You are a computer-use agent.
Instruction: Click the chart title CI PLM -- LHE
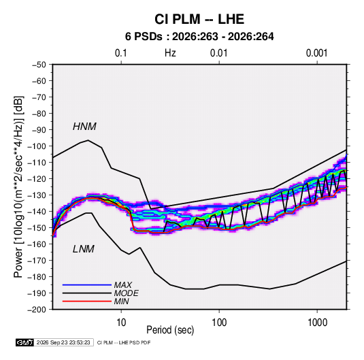coord(199,19)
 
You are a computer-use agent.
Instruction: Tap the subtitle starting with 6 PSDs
coord(199,37)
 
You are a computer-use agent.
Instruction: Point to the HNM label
coord(84,127)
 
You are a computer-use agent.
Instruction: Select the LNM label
coord(84,249)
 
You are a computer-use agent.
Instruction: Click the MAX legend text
coord(123,284)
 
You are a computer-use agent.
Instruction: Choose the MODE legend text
coord(127,293)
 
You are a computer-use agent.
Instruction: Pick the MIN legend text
coord(121,301)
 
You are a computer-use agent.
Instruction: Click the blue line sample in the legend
coord(87,284)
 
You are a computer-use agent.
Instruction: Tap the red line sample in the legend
coord(87,301)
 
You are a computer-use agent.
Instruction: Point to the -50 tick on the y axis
coord(39,65)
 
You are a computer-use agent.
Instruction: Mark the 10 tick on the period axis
coord(121,322)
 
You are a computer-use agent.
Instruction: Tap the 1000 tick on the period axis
coord(317,322)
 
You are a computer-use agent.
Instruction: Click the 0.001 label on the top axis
coord(316,53)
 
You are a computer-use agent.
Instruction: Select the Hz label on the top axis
coord(170,53)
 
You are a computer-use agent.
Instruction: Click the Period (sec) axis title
coord(170,330)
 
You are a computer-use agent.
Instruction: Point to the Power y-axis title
coord(18,186)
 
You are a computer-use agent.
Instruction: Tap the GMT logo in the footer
coord(24,342)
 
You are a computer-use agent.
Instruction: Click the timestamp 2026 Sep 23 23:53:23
coord(63,342)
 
